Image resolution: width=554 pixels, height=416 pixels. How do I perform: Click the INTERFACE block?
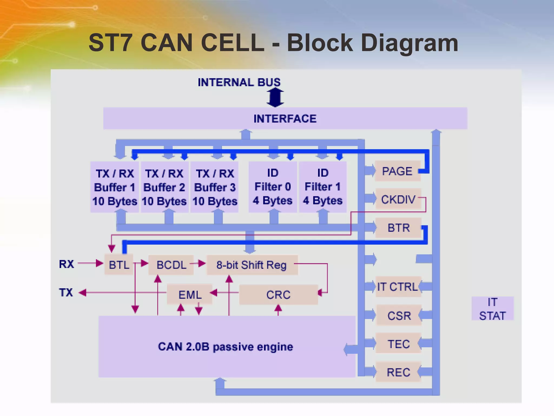click(x=285, y=118)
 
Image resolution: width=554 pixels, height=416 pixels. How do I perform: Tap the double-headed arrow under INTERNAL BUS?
click(x=275, y=97)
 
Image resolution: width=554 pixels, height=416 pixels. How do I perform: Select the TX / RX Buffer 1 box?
click(x=114, y=187)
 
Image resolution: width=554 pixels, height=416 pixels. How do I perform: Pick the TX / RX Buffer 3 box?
click(x=215, y=187)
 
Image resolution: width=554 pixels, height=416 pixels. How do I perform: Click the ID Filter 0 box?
click(x=273, y=187)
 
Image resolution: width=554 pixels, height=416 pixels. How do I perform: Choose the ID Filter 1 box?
click(x=323, y=187)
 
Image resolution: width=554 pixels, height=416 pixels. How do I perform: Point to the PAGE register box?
click(x=397, y=171)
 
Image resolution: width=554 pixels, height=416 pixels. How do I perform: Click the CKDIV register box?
click(x=398, y=199)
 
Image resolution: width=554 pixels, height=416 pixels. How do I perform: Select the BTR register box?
click(x=398, y=228)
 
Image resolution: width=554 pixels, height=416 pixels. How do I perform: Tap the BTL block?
click(x=119, y=265)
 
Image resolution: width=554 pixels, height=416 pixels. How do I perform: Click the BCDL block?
click(x=171, y=265)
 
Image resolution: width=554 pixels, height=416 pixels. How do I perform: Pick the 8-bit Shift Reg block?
click(x=252, y=265)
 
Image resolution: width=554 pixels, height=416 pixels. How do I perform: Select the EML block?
click(x=190, y=294)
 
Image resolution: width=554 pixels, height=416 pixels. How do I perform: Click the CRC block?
click(x=278, y=294)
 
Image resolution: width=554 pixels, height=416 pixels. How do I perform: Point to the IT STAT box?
click(x=492, y=308)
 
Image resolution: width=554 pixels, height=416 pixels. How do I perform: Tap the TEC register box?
click(x=398, y=344)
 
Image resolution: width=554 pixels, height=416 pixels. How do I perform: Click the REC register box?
click(x=398, y=372)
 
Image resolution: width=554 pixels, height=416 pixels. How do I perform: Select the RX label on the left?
click(x=66, y=264)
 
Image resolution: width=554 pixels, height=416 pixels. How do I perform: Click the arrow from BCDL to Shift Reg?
click(x=198, y=263)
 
